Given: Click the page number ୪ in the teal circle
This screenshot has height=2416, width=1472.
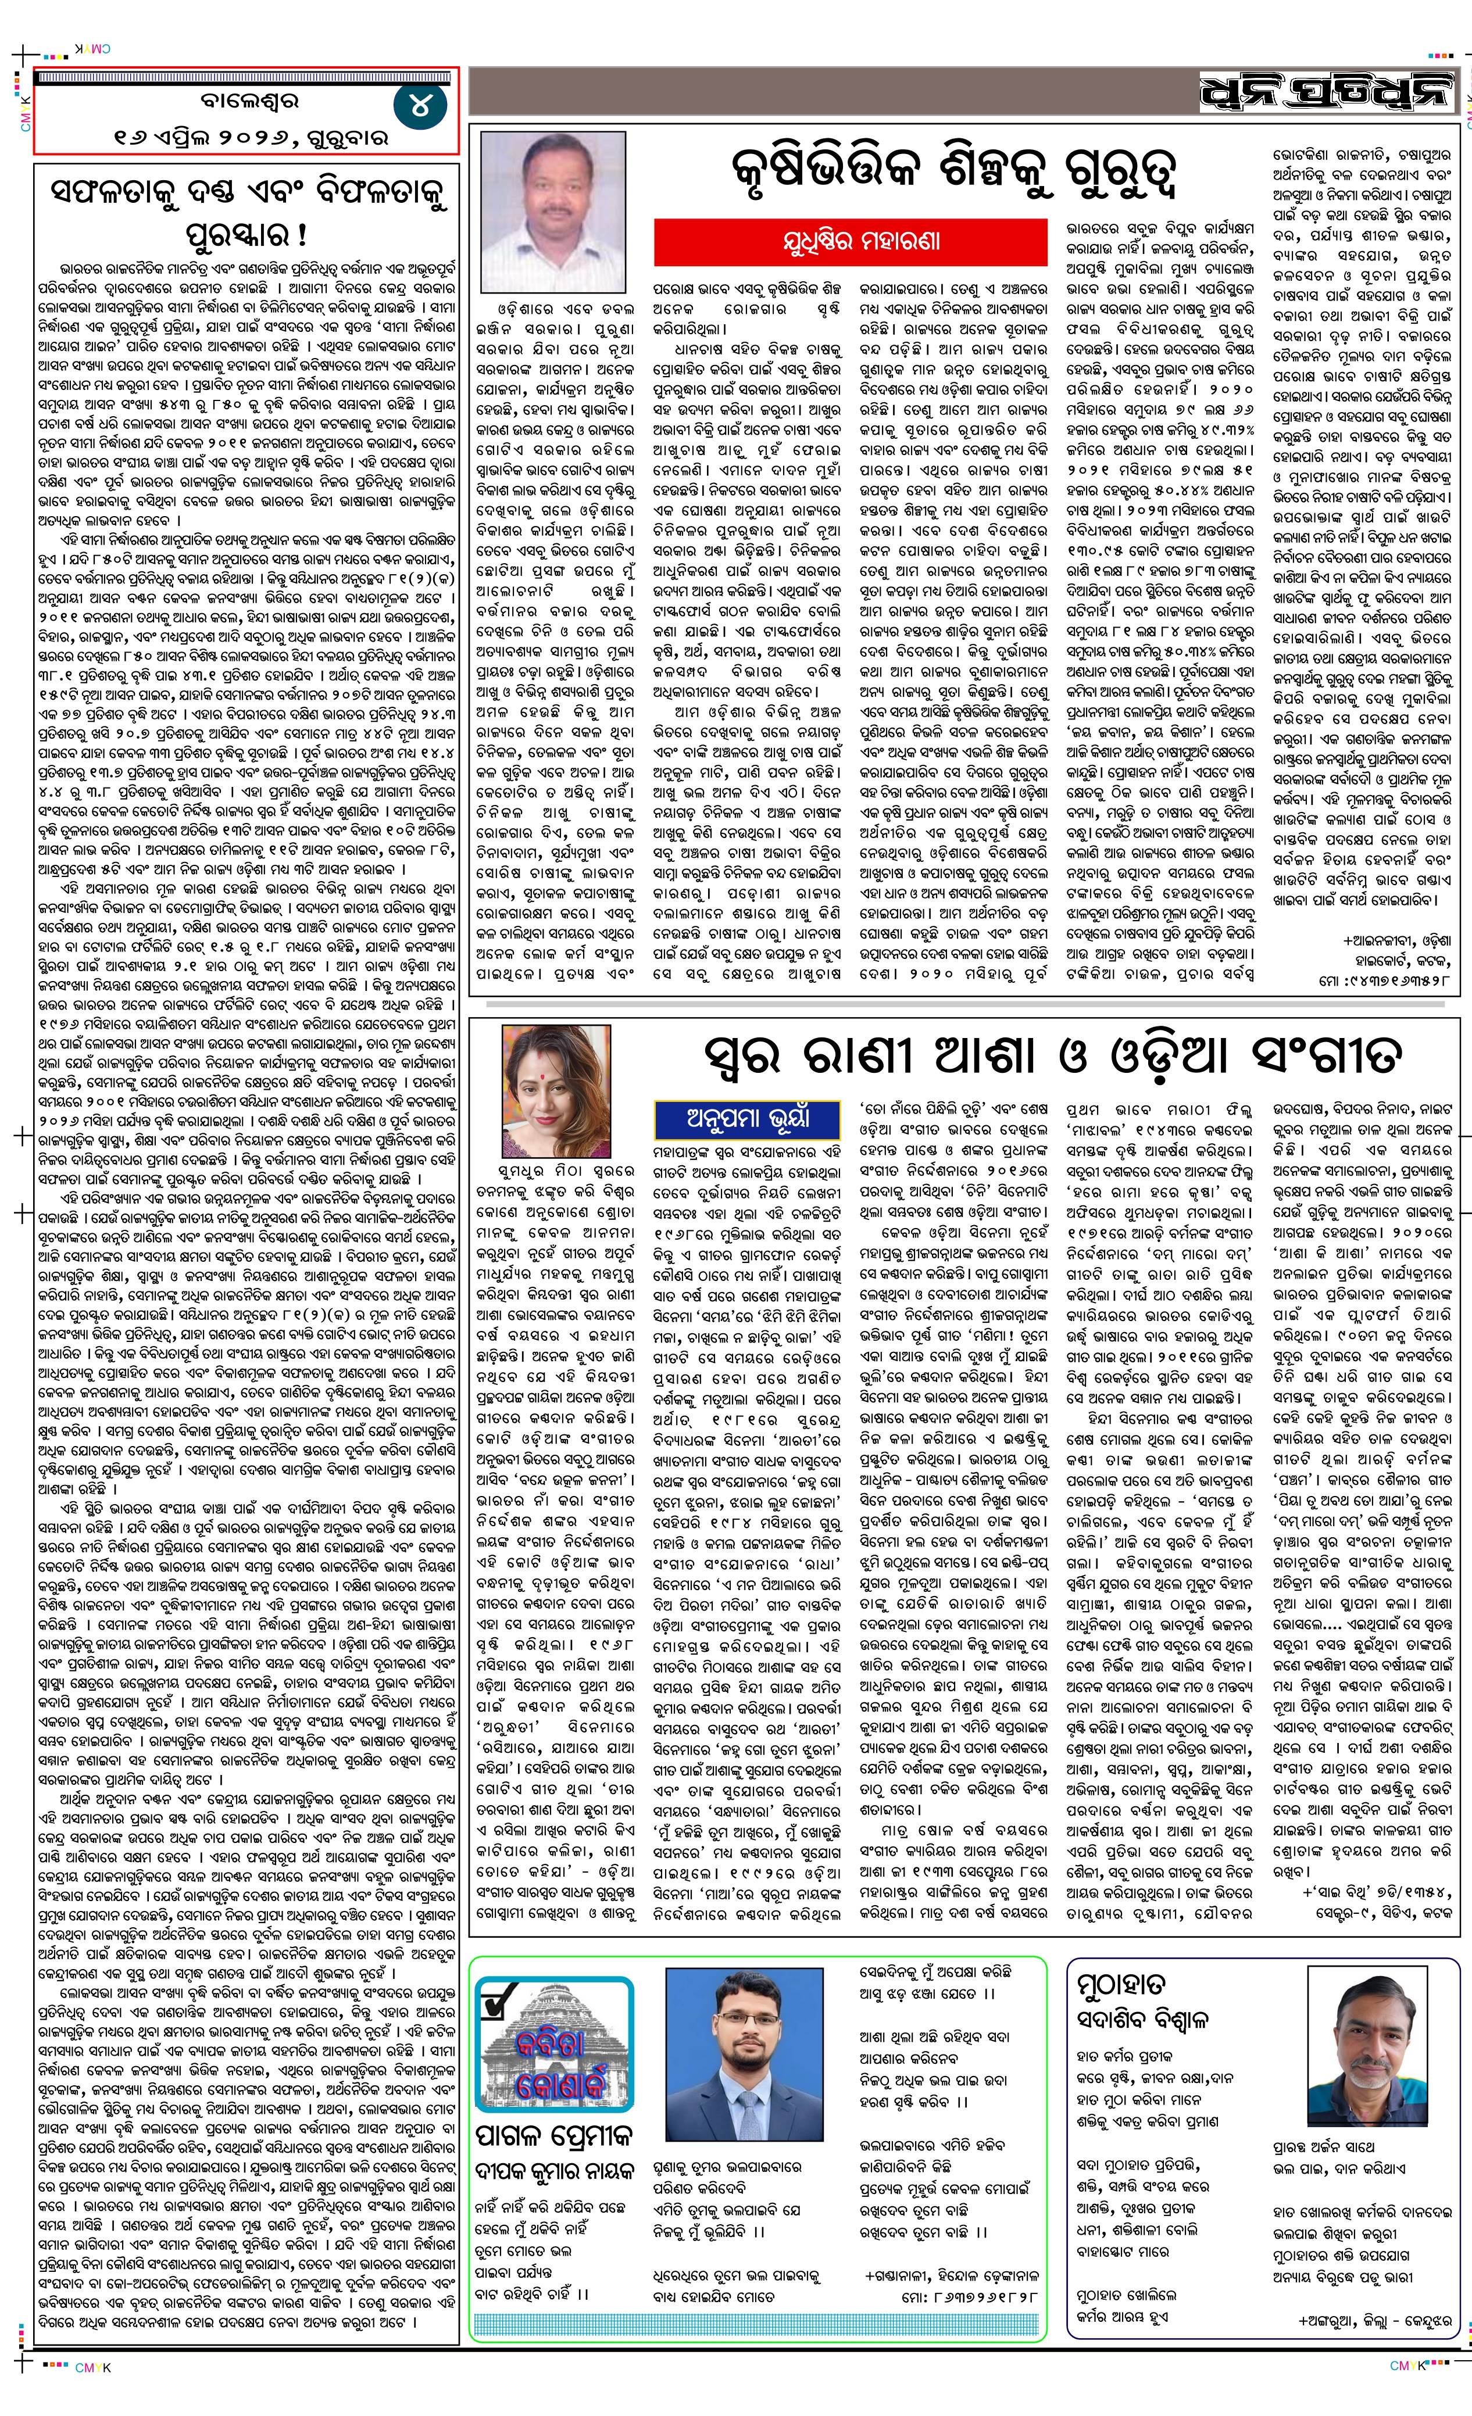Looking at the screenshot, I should [420, 105].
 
